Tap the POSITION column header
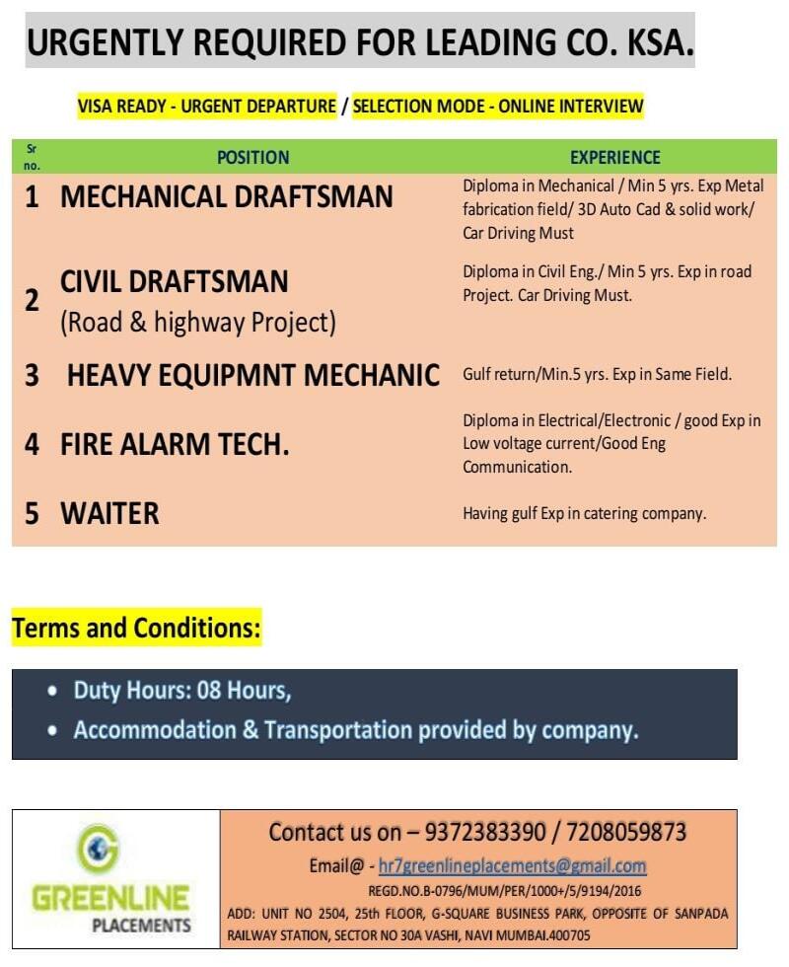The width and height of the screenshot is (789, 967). (x=253, y=157)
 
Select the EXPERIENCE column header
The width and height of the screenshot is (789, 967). (x=615, y=157)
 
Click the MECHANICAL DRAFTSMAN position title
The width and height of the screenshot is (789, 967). (x=227, y=197)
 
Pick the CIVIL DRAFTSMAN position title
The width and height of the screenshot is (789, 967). (x=175, y=282)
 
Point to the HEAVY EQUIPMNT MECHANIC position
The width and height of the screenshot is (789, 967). (x=252, y=375)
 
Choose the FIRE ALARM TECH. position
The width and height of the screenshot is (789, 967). (x=175, y=445)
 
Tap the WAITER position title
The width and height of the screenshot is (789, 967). (x=109, y=513)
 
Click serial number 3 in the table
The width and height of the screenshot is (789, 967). (x=32, y=375)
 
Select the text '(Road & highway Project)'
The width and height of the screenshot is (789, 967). (x=198, y=323)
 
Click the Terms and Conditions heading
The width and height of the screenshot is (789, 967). (x=136, y=628)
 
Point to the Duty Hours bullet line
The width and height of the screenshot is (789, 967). (x=182, y=690)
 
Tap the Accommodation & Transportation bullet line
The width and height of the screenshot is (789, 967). (x=356, y=731)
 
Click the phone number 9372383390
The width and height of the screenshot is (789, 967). (x=489, y=832)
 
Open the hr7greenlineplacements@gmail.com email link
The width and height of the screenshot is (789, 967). (x=513, y=865)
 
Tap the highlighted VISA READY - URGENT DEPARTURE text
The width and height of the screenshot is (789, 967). (x=207, y=107)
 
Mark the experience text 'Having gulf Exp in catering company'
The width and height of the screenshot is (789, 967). (x=585, y=513)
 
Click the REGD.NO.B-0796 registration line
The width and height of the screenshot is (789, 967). (x=504, y=890)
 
